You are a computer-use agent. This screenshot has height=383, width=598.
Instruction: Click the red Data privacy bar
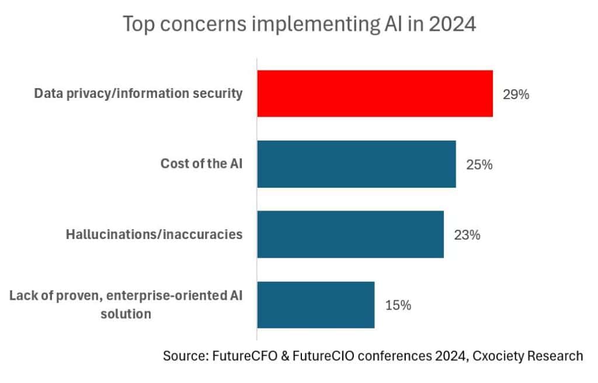click(375, 93)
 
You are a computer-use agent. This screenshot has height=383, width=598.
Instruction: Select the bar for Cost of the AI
click(357, 164)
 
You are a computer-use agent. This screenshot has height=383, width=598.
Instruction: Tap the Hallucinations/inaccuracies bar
click(350, 234)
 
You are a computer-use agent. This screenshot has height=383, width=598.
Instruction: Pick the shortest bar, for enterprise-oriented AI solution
click(316, 305)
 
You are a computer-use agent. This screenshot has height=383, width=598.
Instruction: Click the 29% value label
click(516, 94)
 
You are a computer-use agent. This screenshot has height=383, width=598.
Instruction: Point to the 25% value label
click(479, 165)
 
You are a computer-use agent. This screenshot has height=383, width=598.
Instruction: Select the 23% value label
click(467, 236)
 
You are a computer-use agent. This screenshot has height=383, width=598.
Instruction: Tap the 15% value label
click(398, 305)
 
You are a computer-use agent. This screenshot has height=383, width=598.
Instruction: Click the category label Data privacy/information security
click(138, 94)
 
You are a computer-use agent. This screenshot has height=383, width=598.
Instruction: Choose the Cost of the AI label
click(201, 164)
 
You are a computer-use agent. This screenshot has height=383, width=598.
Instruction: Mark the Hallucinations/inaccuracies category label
click(154, 234)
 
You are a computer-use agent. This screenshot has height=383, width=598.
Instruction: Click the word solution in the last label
click(126, 314)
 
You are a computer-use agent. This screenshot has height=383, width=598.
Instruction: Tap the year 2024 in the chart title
click(453, 24)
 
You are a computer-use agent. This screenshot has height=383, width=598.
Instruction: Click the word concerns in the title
click(203, 24)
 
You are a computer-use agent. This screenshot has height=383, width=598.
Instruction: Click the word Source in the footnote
click(186, 356)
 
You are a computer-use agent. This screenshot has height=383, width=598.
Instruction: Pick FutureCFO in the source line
click(245, 356)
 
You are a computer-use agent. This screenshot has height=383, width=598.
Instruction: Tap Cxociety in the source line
click(498, 356)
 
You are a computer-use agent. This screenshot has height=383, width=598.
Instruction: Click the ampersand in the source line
click(285, 356)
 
